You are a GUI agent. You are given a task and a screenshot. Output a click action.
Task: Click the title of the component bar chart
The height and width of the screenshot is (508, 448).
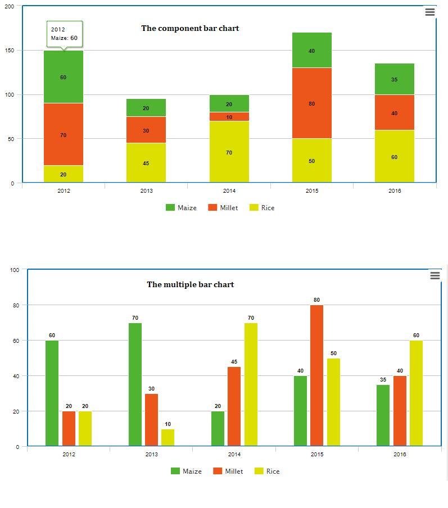(x=190, y=29)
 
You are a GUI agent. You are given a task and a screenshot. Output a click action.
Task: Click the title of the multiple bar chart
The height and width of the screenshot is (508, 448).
(x=190, y=285)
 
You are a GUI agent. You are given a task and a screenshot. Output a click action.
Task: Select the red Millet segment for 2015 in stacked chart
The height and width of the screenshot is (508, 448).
(x=312, y=103)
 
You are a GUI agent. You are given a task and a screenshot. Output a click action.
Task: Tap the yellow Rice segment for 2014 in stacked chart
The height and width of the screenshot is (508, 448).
(x=229, y=152)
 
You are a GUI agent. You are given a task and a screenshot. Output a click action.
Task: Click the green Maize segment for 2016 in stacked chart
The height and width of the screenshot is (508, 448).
(x=395, y=79)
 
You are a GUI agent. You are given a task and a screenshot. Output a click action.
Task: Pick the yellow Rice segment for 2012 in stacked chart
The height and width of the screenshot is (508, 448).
(x=64, y=174)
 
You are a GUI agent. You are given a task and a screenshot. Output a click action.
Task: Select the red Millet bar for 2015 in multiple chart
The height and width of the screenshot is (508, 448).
(x=316, y=375)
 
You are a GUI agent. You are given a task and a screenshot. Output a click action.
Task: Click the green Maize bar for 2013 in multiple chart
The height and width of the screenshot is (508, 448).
(x=135, y=384)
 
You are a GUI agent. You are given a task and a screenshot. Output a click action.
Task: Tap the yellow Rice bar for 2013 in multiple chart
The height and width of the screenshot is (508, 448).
(x=168, y=438)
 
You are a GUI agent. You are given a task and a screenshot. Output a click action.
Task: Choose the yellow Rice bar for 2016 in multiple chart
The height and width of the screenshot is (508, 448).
(x=416, y=393)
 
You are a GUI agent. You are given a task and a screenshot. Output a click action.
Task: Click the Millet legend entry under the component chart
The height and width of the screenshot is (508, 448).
(x=223, y=208)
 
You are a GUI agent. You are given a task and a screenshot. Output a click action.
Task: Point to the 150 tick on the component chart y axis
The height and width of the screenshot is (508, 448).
(x=10, y=51)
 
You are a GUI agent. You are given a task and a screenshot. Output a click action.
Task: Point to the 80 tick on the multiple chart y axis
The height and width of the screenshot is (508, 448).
(x=15, y=305)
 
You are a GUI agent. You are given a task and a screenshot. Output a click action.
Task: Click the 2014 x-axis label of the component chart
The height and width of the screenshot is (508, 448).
(x=229, y=191)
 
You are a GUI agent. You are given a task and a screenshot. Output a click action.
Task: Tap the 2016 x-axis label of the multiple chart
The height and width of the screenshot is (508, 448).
(x=400, y=455)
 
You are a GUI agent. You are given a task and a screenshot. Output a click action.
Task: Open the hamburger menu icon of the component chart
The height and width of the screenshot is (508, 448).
(x=430, y=12)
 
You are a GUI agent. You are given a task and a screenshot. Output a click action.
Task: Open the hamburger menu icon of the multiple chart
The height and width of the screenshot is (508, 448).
(x=435, y=275)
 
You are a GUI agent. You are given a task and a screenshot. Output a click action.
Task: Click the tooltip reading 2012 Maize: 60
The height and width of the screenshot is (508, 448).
(x=64, y=34)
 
